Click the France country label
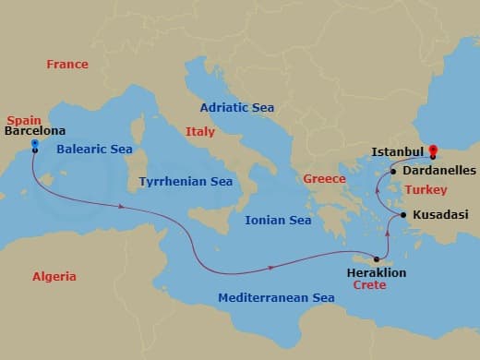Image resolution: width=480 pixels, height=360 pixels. click(x=67, y=65)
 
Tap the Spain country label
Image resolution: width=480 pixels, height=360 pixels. click(x=23, y=121)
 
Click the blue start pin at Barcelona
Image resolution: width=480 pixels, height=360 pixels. click(x=34, y=145)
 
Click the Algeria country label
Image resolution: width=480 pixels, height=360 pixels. click(x=54, y=276)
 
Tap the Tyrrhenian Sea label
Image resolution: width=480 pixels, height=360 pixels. click(x=186, y=182)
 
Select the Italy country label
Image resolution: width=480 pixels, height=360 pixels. click(x=199, y=132)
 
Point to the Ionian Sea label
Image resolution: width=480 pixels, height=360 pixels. click(x=278, y=221)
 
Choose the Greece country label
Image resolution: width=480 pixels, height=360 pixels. click(x=325, y=179)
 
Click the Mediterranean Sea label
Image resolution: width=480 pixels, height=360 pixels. click(x=276, y=298)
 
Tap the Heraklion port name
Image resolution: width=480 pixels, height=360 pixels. click(x=376, y=273)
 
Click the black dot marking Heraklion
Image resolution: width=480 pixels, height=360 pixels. click(x=377, y=258)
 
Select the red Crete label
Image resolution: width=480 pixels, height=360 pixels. click(x=369, y=286)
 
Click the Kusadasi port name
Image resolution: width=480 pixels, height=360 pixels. click(x=440, y=215)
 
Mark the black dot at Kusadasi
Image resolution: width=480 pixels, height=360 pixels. click(x=404, y=215)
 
